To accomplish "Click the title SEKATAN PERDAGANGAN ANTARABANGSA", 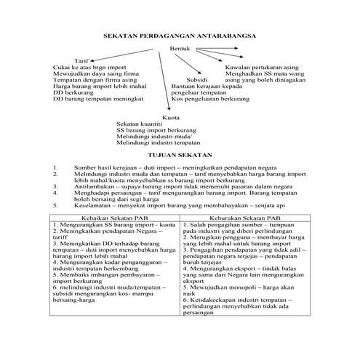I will click(180, 34).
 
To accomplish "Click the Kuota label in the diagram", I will click(172, 116).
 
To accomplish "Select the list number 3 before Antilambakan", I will click(55, 185).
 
